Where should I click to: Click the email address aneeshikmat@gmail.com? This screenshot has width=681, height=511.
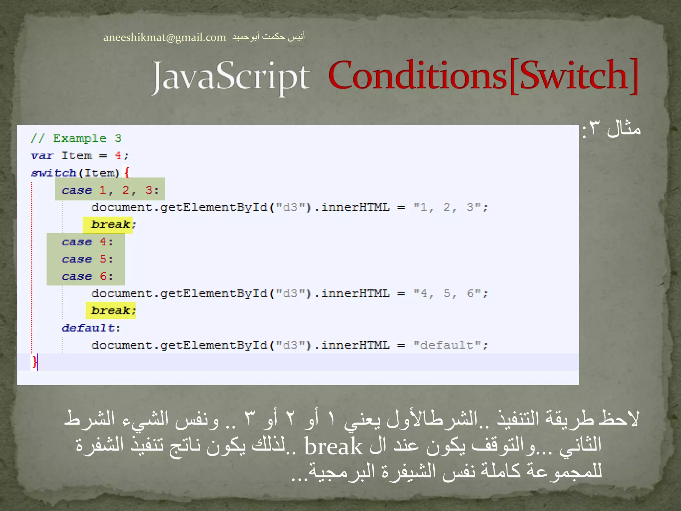pyautogui.click(x=164, y=37)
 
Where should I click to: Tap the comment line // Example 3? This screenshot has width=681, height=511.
pyautogui.click(x=76, y=138)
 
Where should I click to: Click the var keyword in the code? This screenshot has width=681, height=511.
pyautogui.click(x=42, y=156)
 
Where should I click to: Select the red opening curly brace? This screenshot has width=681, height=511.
pyautogui.click(x=126, y=172)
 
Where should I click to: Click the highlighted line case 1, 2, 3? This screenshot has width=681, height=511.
pyautogui.click(x=110, y=190)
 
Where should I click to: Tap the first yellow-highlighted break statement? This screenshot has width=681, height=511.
pyautogui.click(x=111, y=225)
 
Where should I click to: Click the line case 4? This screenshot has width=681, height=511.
pyautogui.click(x=87, y=242)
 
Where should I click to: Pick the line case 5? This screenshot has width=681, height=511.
pyautogui.click(x=87, y=259)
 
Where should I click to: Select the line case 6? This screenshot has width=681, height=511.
pyautogui.click(x=87, y=276)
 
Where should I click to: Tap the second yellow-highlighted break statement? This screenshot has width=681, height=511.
pyautogui.click(x=111, y=310)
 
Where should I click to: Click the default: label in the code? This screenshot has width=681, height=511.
pyautogui.click(x=91, y=328)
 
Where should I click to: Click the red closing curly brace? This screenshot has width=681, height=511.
pyautogui.click(x=34, y=362)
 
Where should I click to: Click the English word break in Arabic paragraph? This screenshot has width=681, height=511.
pyautogui.click(x=333, y=446)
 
